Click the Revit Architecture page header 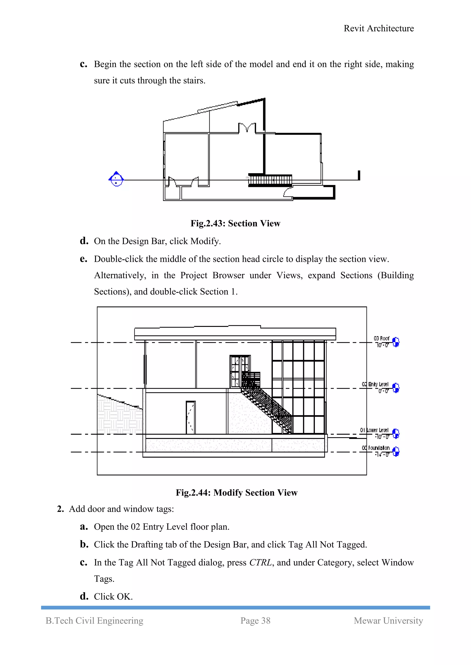tap(379, 28)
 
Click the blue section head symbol tap(116, 179)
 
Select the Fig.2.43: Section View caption tap(235, 223)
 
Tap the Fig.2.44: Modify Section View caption tap(236, 493)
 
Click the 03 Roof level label tap(381, 338)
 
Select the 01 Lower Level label tap(374, 430)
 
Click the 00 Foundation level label tap(376, 448)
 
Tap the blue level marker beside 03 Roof tap(396, 342)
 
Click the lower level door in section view tap(191, 417)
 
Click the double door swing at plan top tap(247, 127)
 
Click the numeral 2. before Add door tap(60, 509)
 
